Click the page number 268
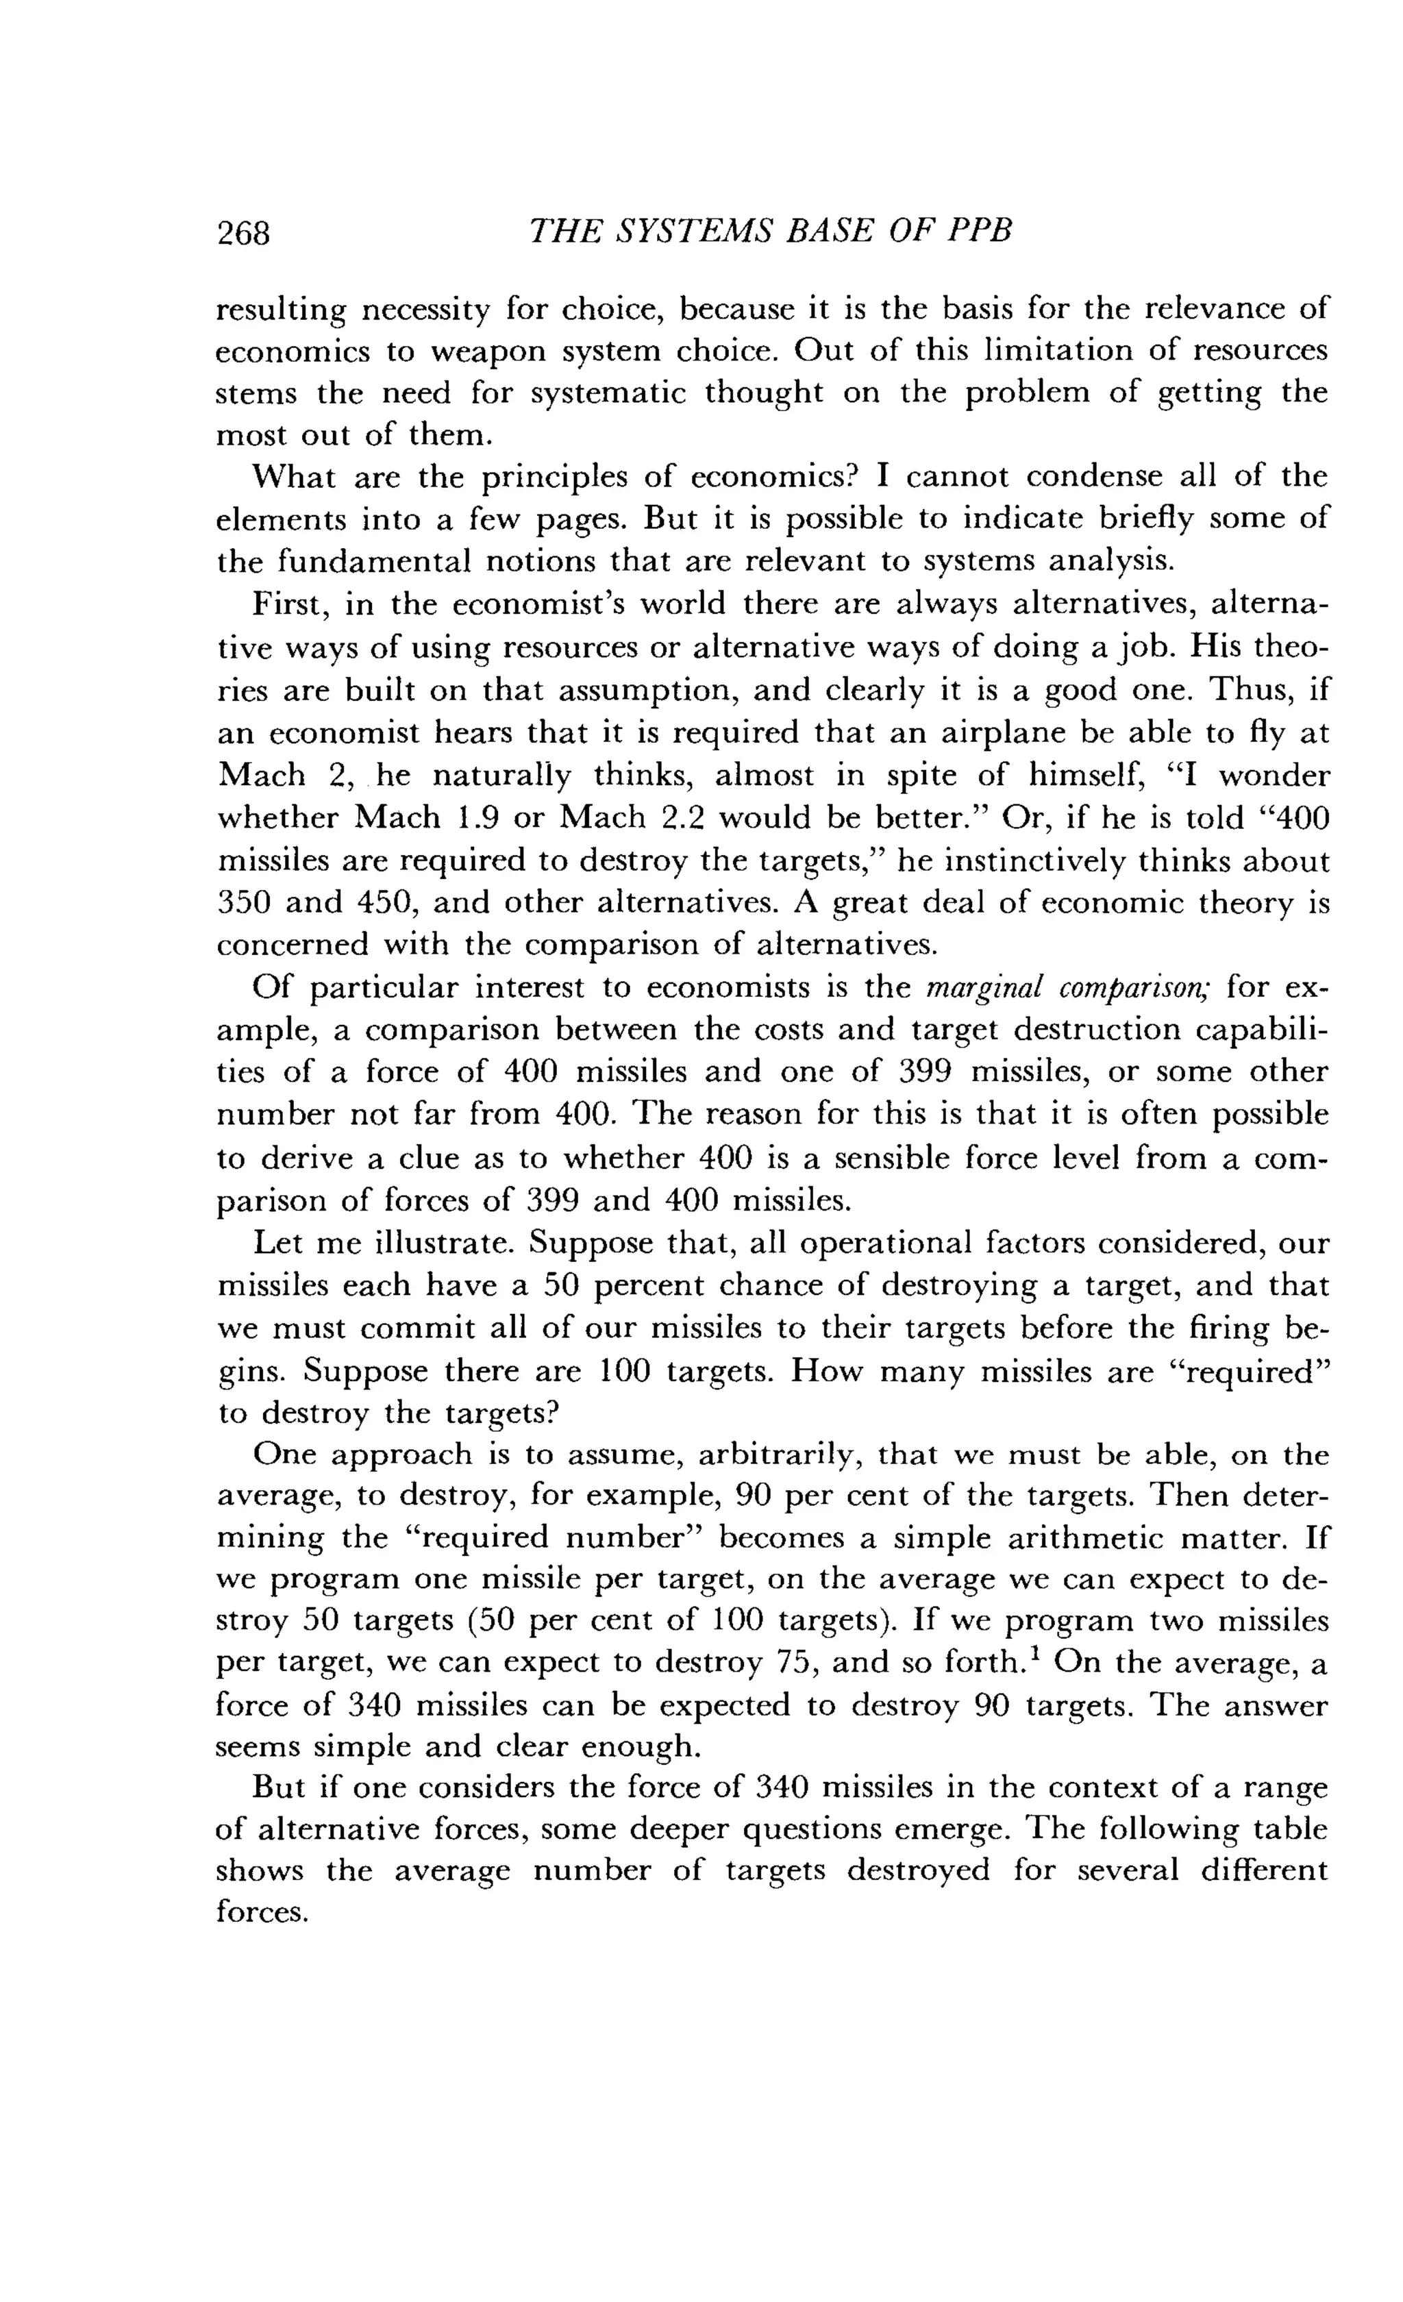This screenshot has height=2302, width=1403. coord(243,233)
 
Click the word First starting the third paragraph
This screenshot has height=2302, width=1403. coord(288,604)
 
